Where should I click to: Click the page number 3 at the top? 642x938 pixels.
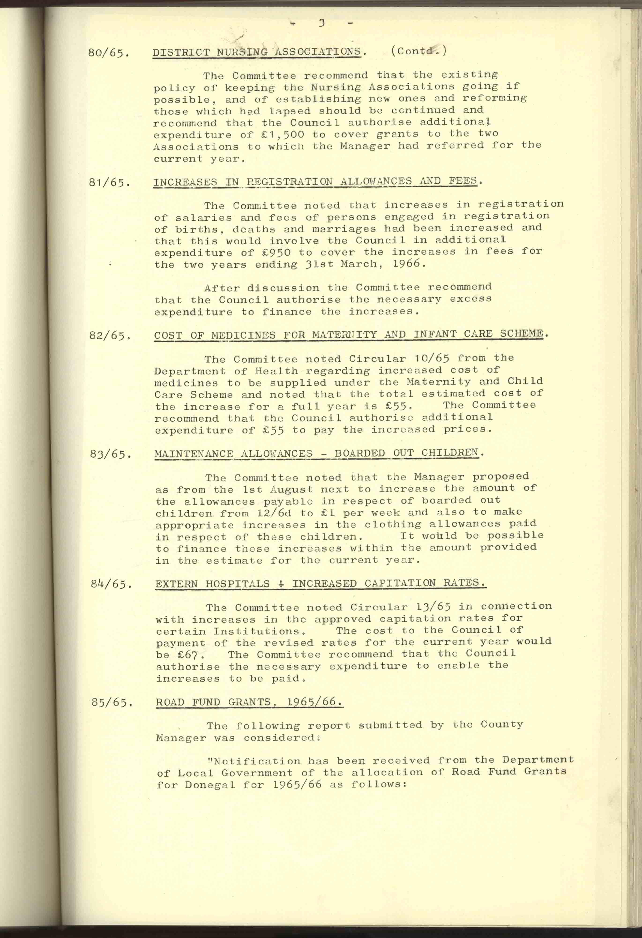pyautogui.click(x=322, y=23)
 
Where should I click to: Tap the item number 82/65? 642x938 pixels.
pyautogui.click(x=110, y=336)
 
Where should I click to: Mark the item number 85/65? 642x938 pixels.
pyautogui.click(x=112, y=703)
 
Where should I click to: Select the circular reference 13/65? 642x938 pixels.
pyautogui.click(x=433, y=607)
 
